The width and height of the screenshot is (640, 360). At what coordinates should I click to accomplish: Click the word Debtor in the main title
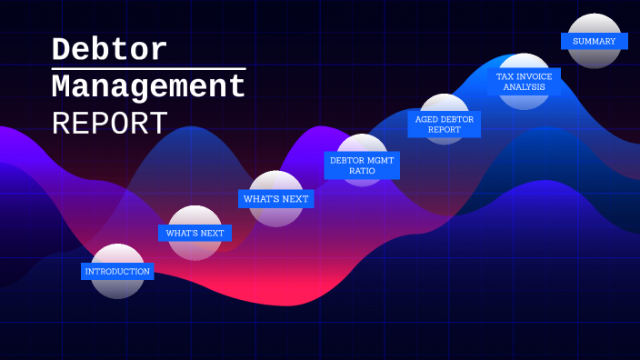click(x=109, y=49)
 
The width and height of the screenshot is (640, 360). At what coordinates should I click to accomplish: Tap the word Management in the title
click(x=148, y=87)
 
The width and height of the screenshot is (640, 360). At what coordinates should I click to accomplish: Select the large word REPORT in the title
click(x=109, y=124)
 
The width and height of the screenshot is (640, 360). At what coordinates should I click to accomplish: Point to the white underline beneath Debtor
click(x=148, y=68)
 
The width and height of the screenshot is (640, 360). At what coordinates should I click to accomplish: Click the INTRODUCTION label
click(x=117, y=271)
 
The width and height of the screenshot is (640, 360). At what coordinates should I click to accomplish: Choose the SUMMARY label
click(x=594, y=41)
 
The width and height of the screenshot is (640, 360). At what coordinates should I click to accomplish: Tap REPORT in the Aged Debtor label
click(x=444, y=130)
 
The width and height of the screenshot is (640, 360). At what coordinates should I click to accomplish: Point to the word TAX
click(x=505, y=76)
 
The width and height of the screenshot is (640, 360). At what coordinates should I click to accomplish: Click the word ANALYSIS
click(x=524, y=87)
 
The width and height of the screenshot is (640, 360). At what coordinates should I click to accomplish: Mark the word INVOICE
click(x=535, y=76)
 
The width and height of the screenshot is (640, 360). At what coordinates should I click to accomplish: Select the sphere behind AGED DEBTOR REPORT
click(x=445, y=104)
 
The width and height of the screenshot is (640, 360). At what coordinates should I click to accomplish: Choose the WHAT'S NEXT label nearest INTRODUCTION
click(x=195, y=233)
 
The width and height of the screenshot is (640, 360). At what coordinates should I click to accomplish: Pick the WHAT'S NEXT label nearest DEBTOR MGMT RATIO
click(x=275, y=198)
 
